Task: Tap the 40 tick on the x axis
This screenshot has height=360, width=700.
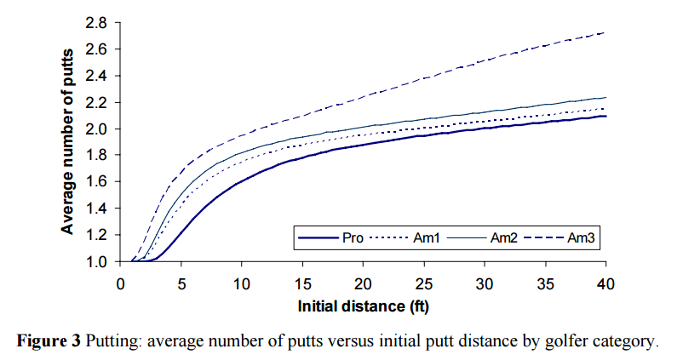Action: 605,282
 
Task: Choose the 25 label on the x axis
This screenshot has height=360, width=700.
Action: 424,282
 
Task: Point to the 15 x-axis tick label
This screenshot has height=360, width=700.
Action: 303,282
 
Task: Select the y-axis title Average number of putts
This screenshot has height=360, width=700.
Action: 68,141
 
